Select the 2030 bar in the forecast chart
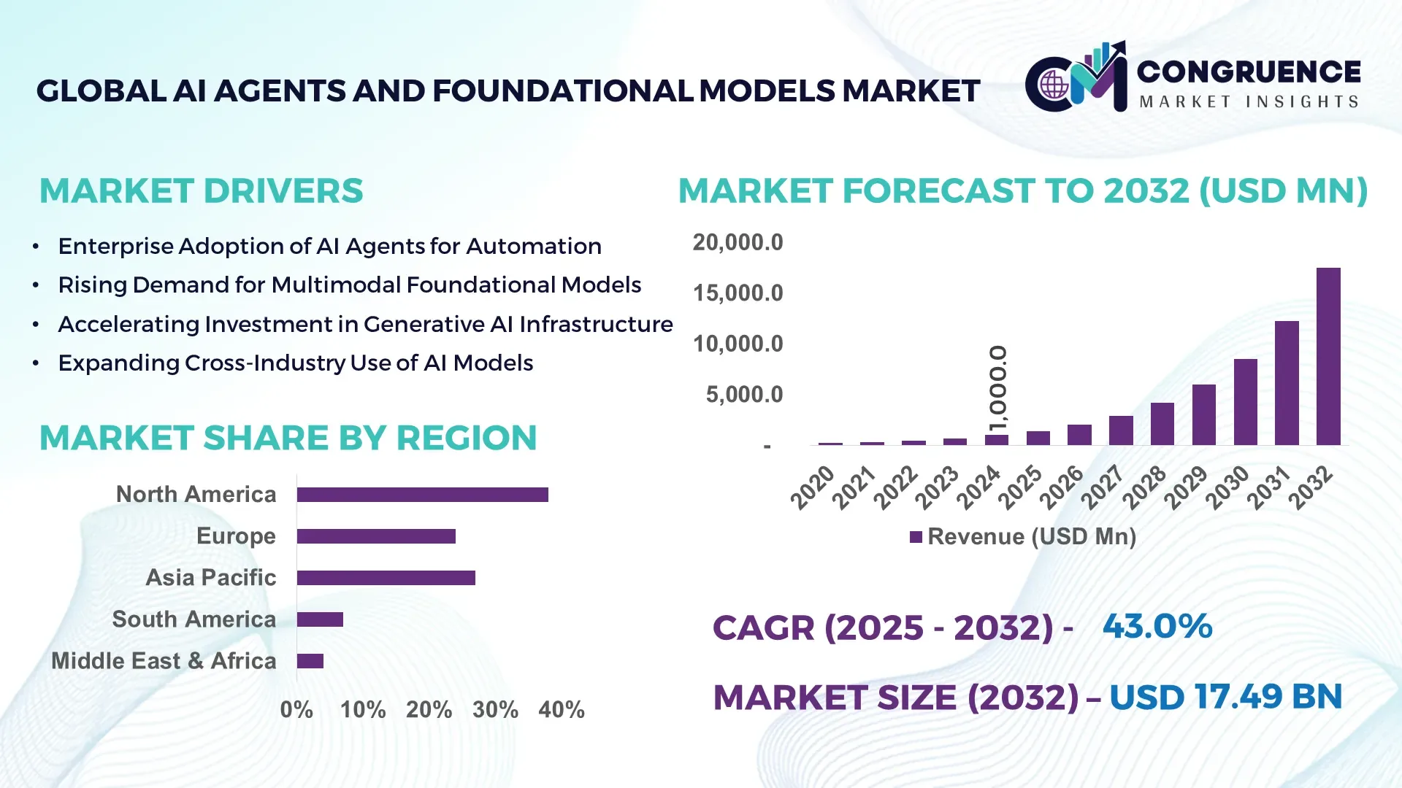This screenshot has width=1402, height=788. point(1245,402)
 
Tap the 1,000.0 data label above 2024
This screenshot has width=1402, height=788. point(997,388)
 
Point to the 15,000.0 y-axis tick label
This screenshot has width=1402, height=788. point(738,293)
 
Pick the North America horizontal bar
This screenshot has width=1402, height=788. point(422,495)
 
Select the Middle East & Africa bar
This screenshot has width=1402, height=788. point(310,661)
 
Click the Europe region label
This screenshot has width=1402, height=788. point(236,536)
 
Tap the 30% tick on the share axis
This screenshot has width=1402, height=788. point(495,709)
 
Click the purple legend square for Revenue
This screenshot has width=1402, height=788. point(916,537)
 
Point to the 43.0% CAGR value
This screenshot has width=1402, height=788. point(1157,626)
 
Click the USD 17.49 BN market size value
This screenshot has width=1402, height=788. point(1225,697)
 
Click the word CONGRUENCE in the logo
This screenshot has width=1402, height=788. point(1249,72)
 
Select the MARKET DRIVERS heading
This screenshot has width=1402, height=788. point(201,191)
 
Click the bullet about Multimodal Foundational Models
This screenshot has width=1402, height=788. point(349,285)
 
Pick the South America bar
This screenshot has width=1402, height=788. point(320,619)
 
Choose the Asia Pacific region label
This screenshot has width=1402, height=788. point(211,578)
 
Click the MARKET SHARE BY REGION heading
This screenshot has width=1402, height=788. point(288,439)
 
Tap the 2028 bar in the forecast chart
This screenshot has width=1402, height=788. point(1162,424)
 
